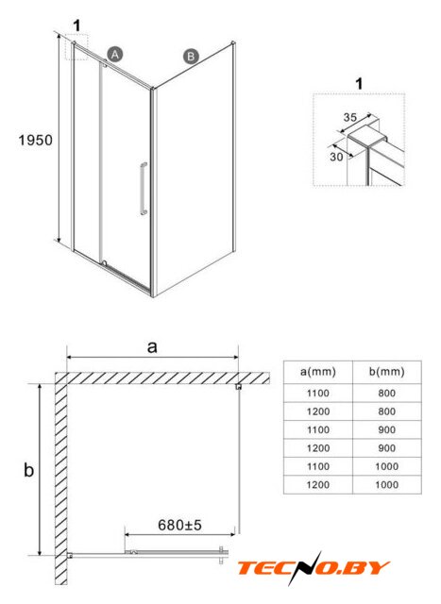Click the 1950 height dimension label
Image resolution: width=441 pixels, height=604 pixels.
click(x=36, y=141)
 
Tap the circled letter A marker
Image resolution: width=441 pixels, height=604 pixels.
click(x=115, y=55)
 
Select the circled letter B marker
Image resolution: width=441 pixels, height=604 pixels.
click(x=191, y=57)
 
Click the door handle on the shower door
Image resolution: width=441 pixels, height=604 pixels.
click(x=144, y=189)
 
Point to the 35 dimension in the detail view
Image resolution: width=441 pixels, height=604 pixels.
click(x=350, y=117)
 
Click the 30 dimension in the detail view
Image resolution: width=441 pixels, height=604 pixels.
click(x=336, y=157)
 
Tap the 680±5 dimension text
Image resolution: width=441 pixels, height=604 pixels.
click(x=179, y=525)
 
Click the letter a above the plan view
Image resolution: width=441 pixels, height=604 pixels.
click(x=153, y=347)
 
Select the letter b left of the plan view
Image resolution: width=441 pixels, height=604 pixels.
click(x=29, y=470)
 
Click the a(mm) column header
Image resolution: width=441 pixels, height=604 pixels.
click(x=318, y=372)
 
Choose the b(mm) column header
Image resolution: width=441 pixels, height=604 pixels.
click(x=386, y=372)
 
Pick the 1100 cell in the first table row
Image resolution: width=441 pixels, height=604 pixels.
click(x=318, y=394)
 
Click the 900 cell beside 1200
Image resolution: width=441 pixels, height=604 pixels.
click(x=386, y=448)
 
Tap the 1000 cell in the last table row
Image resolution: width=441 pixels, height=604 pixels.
click(x=386, y=485)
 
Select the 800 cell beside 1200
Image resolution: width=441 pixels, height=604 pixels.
click(x=386, y=411)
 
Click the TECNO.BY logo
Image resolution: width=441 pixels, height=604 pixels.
click(x=313, y=568)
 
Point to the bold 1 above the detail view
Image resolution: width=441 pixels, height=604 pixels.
click(x=359, y=84)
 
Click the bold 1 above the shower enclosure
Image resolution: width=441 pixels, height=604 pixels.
click(x=77, y=25)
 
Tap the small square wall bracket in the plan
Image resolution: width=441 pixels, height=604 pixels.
click(x=239, y=386)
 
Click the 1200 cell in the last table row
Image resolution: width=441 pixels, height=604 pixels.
click(x=318, y=485)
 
